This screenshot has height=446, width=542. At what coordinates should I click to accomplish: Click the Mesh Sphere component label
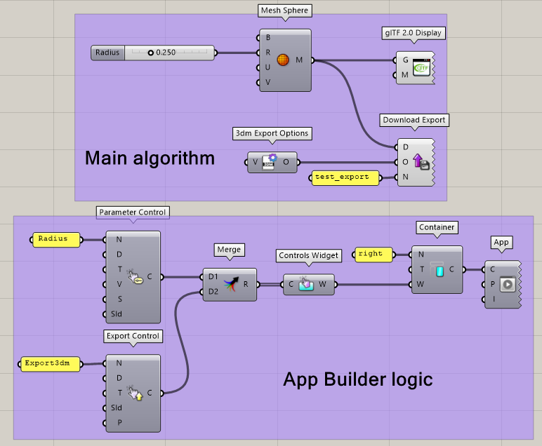point(284,11)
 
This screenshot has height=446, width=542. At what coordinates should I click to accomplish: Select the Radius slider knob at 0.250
point(150,53)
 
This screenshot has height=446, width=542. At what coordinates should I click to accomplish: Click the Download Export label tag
point(414,120)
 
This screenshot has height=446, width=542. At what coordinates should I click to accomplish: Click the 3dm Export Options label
point(272,133)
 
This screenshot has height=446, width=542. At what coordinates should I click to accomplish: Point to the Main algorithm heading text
point(150,158)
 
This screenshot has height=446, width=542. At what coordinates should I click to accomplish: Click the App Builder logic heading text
point(357,380)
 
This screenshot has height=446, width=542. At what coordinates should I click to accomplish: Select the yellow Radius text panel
point(57,239)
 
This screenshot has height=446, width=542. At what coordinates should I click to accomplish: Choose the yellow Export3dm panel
point(48,363)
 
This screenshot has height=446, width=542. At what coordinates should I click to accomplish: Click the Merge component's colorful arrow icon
point(230,284)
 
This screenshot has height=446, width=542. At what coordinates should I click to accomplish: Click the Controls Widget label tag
point(308,256)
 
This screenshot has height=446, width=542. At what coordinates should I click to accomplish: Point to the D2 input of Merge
point(213,292)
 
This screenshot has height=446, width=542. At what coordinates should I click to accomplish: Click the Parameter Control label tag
point(133,212)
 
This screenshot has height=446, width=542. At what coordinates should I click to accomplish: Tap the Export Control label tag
point(133,336)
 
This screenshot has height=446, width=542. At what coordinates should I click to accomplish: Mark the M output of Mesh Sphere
point(300,60)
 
